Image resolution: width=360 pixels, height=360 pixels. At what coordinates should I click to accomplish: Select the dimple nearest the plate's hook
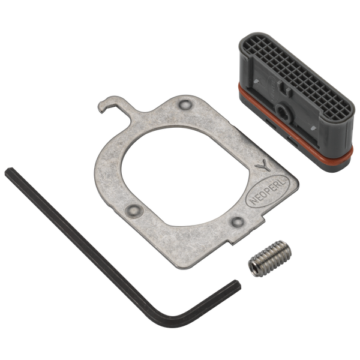click(184, 106)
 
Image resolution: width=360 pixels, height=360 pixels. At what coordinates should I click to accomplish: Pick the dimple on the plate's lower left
click(134, 209)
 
